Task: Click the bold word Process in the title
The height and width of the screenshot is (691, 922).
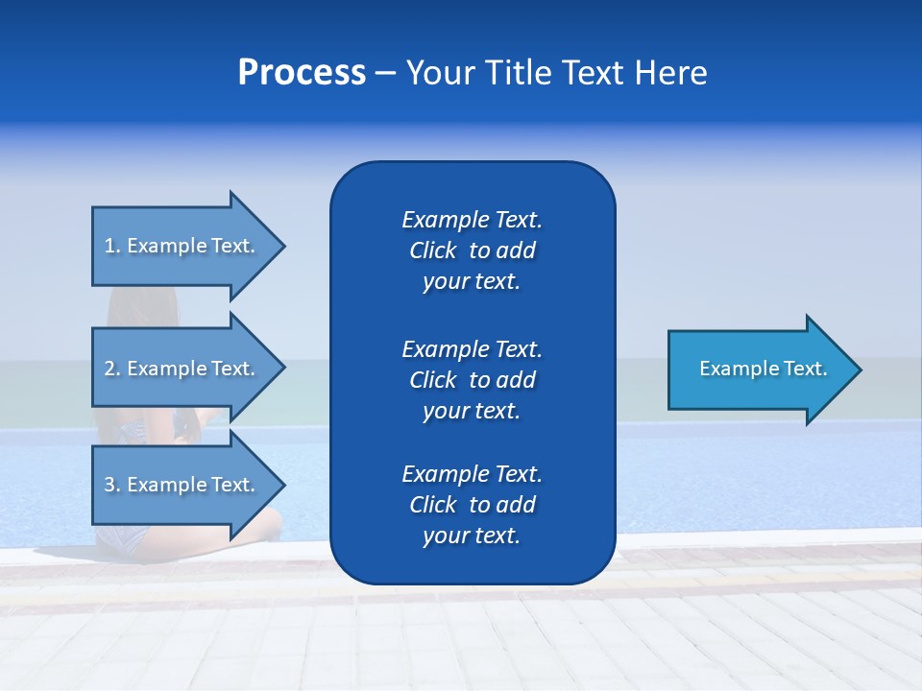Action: (x=302, y=73)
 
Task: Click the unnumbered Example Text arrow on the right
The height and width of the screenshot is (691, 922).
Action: (x=763, y=369)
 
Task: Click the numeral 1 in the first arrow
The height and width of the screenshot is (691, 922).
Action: (x=109, y=246)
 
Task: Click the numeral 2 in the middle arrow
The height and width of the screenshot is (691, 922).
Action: (x=109, y=369)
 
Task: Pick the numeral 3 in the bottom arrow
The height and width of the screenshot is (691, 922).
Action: (x=109, y=485)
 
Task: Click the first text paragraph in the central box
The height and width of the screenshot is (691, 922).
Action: (x=472, y=250)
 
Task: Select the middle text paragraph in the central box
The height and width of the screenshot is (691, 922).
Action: (x=472, y=379)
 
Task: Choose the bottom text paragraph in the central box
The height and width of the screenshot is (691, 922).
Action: (x=472, y=505)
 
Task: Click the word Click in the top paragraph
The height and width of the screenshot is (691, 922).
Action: (x=432, y=250)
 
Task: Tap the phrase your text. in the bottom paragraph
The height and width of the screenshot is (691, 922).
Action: (x=472, y=536)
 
